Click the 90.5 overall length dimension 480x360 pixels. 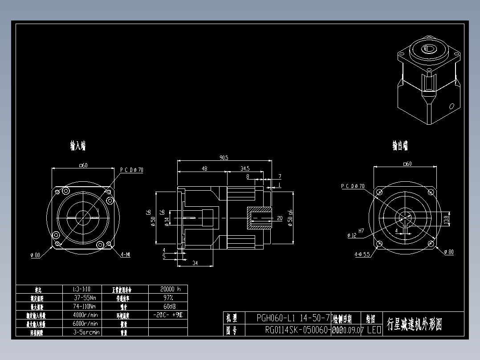(x=224, y=158)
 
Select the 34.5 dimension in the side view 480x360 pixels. (x=244, y=169)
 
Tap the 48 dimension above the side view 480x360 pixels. (x=204, y=169)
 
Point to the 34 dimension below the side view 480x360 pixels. (x=195, y=263)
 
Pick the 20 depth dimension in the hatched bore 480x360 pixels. (x=280, y=218)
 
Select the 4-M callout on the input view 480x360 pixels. (x=126, y=255)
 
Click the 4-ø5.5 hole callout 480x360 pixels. (x=362, y=255)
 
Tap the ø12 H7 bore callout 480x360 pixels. (x=352, y=235)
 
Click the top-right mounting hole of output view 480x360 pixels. (x=431, y=192)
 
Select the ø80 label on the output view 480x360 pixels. (x=449, y=252)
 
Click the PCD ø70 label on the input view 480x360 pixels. (x=132, y=170)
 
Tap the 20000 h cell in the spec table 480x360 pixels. (x=167, y=289)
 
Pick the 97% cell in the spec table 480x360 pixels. (x=167, y=298)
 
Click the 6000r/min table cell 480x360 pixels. (x=86, y=323)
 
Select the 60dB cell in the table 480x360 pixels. (x=167, y=306)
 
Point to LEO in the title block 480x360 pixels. (x=374, y=330)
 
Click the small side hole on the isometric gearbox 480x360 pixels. (x=452, y=106)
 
